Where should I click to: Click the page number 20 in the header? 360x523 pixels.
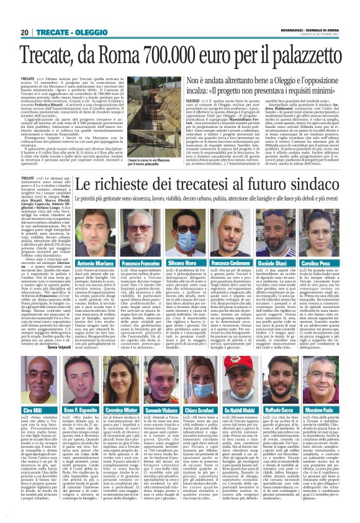coord(24,32)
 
